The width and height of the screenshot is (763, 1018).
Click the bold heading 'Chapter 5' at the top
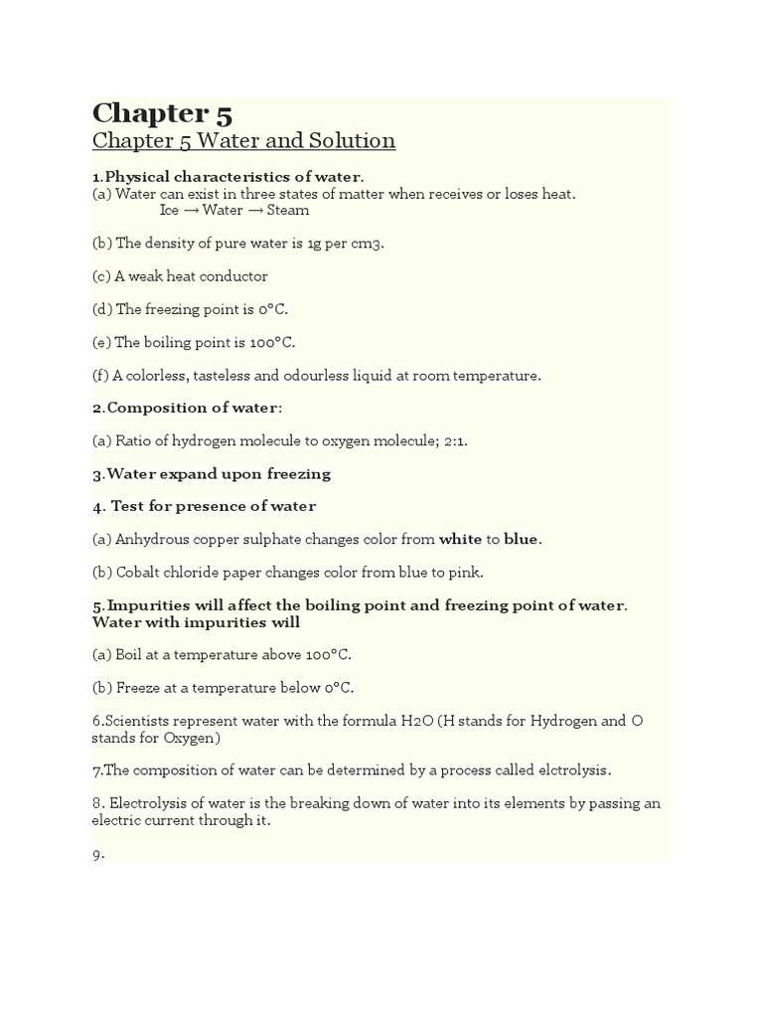[x=162, y=113]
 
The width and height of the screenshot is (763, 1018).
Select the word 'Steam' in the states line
[x=287, y=211]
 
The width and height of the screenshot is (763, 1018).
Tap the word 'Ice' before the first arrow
[x=169, y=211]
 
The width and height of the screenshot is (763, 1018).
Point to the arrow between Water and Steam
[x=254, y=211]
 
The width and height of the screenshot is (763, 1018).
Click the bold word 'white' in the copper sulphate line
[x=460, y=540]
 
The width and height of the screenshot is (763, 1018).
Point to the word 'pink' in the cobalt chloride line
[x=466, y=573]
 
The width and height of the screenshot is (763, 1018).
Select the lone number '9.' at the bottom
[x=98, y=854]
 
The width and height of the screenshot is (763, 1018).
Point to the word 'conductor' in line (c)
[x=234, y=276]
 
